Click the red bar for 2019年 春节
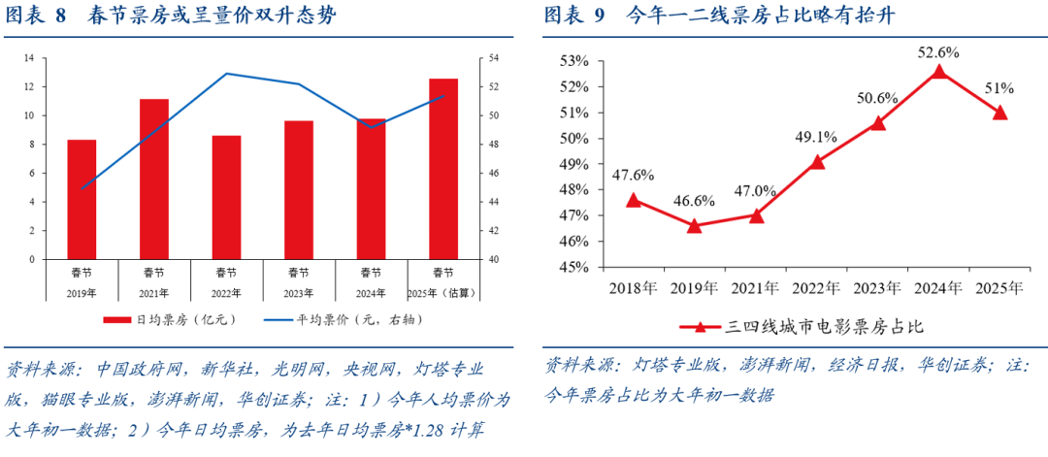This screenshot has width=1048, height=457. (x=82, y=200)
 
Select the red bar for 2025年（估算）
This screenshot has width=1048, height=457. (x=443, y=169)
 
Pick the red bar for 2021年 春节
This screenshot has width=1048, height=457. (x=154, y=180)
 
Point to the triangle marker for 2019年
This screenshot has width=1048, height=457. (x=694, y=226)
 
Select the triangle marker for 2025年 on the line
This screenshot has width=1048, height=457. (x=999, y=113)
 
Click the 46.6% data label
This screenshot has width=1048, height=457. (x=694, y=202)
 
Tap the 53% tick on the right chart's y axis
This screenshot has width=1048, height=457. (x=573, y=61)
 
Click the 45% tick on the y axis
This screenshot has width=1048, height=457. (x=573, y=267)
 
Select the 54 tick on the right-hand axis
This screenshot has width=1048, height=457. (x=493, y=58)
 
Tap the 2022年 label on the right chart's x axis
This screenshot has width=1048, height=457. (x=816, y=288)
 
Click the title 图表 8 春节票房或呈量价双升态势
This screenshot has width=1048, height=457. (x=173, y=16)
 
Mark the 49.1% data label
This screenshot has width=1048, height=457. (x=816, y=137)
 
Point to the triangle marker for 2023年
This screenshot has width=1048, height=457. (x=878, y=123)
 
